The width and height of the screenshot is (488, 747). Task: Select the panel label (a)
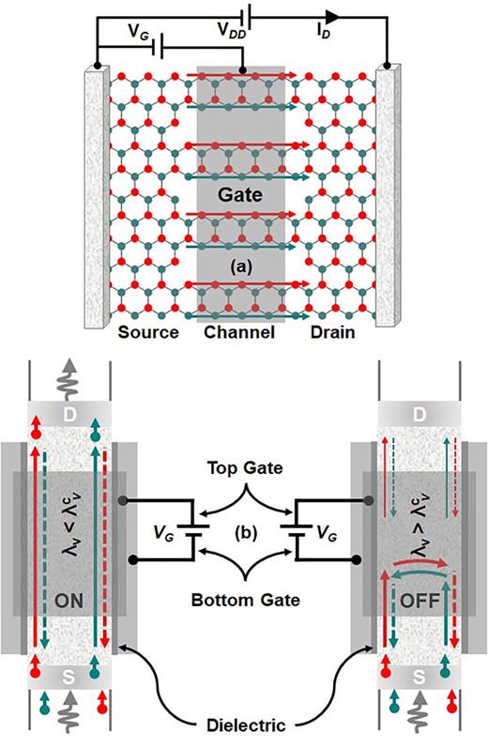[243, 268]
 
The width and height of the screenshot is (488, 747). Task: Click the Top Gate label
[244, 466]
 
